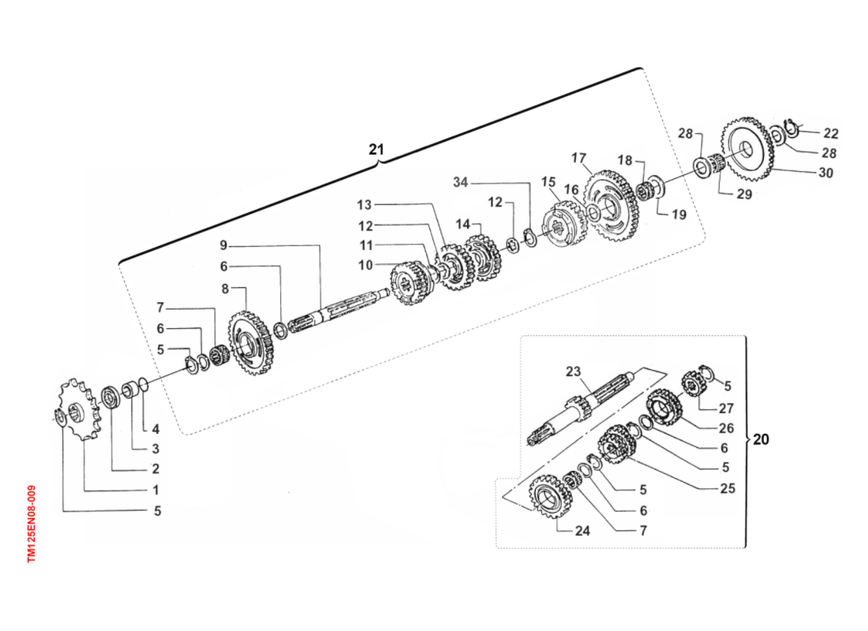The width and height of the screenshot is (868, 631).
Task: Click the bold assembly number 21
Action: pos(376,149)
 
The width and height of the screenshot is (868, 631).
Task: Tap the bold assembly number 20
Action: pos(760,439)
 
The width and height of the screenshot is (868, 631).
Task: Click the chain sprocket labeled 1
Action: pos(79,409)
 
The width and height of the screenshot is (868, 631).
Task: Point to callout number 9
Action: pos(223,245)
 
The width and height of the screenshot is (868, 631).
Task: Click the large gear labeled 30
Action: pos(747,150)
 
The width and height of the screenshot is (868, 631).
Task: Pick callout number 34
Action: pos(461,183)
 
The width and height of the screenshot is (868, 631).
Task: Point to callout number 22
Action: pos(831,133)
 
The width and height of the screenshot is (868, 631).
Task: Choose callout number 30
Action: pos(825,174)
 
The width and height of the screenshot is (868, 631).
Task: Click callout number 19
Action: pos(679,214)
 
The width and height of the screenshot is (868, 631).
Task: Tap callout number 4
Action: pos(155,430)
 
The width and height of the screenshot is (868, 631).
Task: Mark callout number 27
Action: pos(726,408)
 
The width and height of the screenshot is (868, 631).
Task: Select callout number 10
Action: pos(365,266)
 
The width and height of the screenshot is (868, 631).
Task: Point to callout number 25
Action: pos(727,488)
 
